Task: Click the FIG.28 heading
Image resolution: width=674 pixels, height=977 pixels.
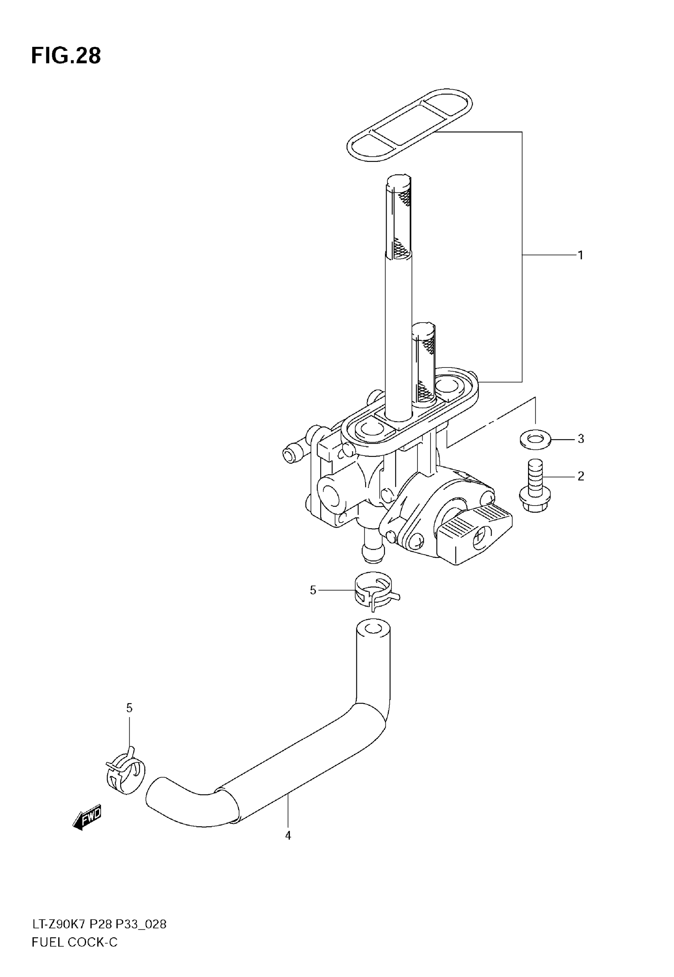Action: [66, 56]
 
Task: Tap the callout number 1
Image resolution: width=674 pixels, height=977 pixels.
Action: [581, 255]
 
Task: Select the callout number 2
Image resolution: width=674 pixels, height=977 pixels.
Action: [581, 476]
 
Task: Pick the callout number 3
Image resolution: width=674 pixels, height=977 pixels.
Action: [581, 439]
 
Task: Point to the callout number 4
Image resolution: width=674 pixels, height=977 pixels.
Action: [288, 835]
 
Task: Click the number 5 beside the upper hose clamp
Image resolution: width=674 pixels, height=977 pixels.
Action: [313, 590]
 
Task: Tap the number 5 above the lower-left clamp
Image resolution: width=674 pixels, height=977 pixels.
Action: [129, 708]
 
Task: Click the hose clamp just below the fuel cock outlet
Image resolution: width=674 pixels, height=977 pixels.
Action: [374, 591]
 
